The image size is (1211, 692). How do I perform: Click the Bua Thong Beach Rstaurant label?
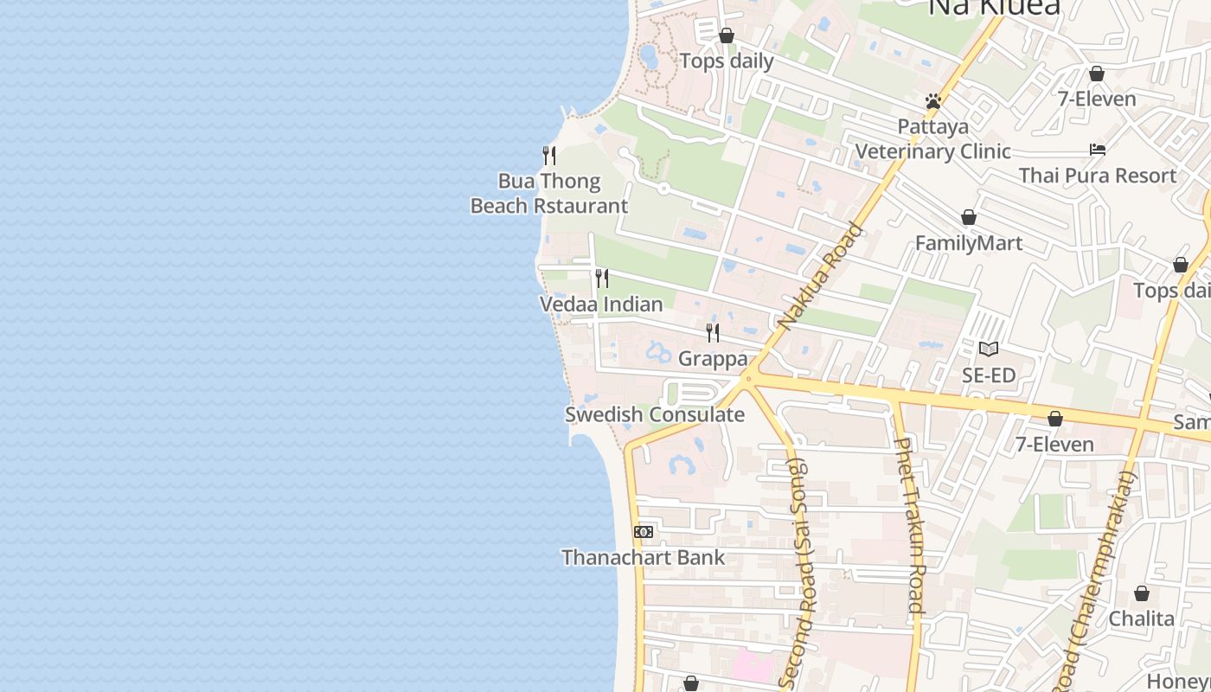click(548, 194)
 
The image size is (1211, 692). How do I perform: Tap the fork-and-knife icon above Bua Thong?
click(548, 156)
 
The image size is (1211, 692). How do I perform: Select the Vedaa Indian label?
click(601, 304)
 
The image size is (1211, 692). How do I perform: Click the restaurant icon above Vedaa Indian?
click(602, 279)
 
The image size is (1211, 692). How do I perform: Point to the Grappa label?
click(713, 358)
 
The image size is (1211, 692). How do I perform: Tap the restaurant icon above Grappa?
click(713, 332)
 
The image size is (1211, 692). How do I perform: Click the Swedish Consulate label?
click(655, 414)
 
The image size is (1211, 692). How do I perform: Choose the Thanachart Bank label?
click(644, 558)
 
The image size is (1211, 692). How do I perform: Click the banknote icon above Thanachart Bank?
click(644, 532)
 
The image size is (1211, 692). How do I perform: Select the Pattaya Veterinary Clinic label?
click(933, 139)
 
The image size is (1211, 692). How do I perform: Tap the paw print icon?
click(932, 101)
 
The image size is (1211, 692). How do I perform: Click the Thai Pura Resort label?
click(1098, 176)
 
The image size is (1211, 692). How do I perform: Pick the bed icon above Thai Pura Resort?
click(1098, 150)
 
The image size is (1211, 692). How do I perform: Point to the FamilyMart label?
click(969, 243)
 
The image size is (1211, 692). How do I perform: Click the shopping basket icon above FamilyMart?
click(969, 217)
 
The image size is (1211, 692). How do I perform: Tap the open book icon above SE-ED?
click(989, 349)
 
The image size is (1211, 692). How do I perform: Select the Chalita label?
click(1142, 618)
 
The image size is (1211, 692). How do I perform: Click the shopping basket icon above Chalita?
click(1142, 593)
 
